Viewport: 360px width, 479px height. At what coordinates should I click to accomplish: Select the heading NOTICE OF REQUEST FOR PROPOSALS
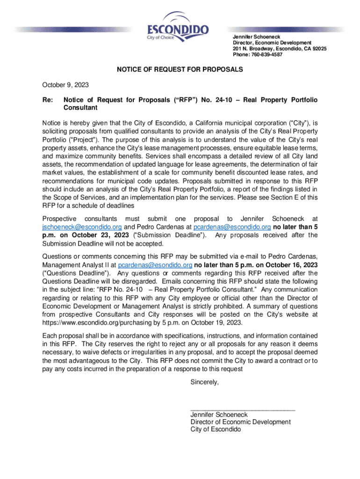(x=180, y=69)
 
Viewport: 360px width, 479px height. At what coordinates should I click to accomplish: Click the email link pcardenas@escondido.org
(x=232, y=227)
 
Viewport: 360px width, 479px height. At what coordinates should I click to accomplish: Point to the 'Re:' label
(x=48, y=100)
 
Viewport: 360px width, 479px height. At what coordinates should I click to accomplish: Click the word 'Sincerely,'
(x=204, y=382)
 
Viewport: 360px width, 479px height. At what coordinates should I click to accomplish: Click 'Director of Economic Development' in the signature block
(x=240, y=422)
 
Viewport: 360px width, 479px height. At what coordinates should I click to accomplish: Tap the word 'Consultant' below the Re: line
(x=80, y=108)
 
